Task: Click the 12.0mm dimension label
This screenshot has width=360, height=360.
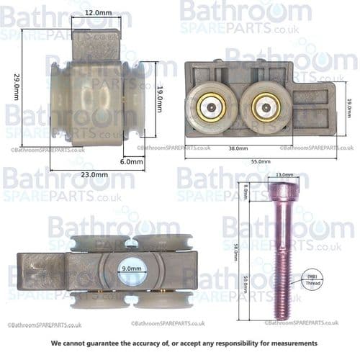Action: [96, 12]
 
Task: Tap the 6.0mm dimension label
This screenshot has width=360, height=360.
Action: [132, 162]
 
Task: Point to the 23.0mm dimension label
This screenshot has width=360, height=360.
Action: [94, 175]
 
